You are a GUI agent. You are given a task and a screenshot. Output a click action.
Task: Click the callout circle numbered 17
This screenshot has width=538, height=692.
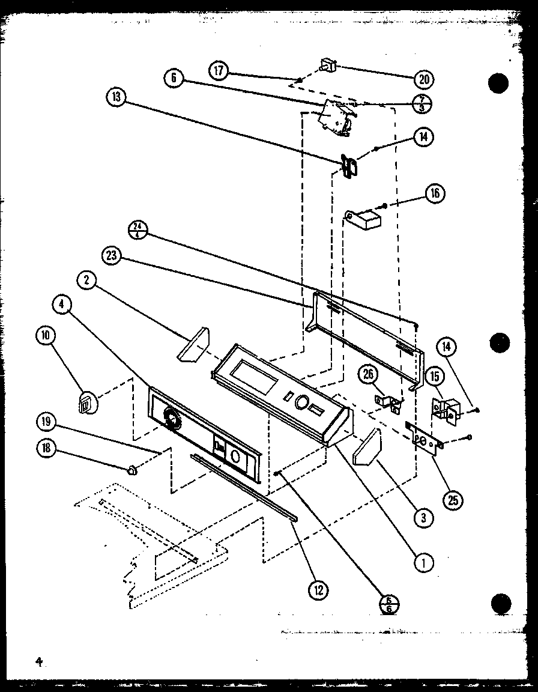tap(219, 70)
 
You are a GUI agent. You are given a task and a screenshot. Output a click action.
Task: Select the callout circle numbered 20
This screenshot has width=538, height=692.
tap(425, 79)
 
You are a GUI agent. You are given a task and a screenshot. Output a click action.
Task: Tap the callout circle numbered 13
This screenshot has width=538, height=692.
tap(116, 97)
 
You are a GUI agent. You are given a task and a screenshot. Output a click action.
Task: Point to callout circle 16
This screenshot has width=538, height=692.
tap(435, 193)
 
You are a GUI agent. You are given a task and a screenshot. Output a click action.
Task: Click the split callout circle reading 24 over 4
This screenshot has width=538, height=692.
tap(138, 230)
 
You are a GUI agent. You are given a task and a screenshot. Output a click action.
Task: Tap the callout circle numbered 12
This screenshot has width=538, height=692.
tap(318, 590)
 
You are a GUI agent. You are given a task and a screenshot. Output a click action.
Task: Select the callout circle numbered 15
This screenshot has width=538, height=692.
tap(435, 377)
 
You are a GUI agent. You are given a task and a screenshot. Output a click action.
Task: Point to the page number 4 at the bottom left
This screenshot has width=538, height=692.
tap(39, 662)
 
